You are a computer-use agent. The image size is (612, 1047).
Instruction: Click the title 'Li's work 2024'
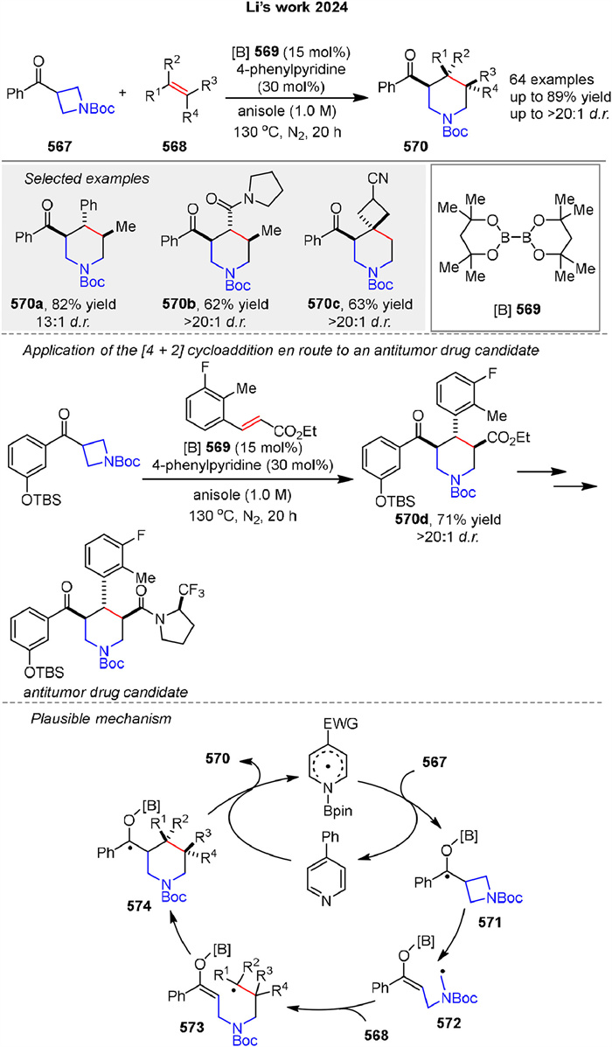pos(305,10)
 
